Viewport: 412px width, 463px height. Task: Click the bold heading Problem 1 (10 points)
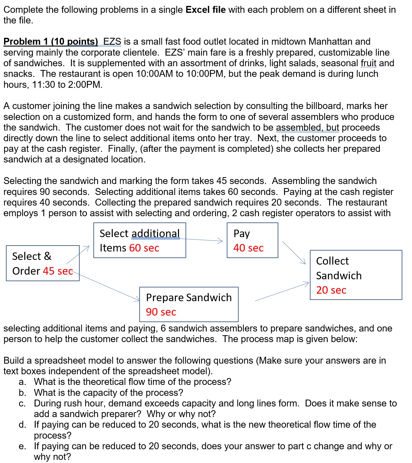51,42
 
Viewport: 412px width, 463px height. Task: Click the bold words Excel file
206,10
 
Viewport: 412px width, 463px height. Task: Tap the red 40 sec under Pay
248,248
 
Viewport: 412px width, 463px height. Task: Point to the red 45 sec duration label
58,271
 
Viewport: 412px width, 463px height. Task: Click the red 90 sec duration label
161,312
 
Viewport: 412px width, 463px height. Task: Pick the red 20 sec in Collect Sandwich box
331,290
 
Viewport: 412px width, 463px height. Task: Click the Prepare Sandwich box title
189,298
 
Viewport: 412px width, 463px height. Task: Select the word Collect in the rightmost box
332,261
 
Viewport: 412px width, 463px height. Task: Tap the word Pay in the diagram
241,234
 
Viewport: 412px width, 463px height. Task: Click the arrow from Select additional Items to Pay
203,240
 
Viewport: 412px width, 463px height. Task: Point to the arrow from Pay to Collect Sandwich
294,252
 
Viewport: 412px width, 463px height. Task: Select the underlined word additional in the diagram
156,234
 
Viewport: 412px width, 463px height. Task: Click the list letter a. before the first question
22,382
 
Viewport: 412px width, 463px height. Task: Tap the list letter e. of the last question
22,446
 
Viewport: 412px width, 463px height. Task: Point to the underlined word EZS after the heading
112,42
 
